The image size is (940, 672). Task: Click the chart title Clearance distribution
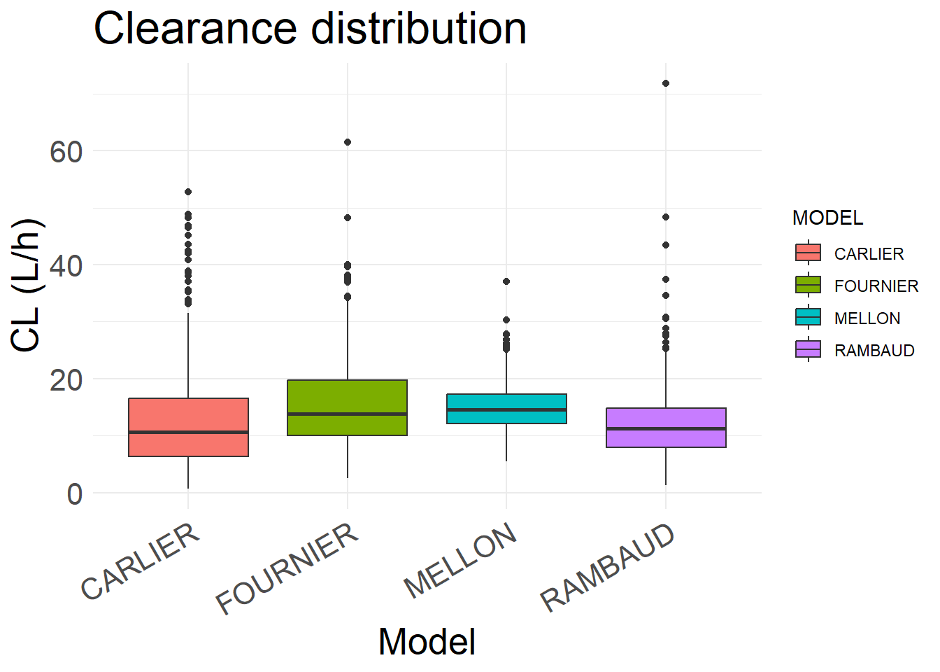click(310, 29)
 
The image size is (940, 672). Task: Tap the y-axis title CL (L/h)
click(28, 286)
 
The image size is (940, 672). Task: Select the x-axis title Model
click(427, 642)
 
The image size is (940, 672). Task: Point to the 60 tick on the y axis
click(66, 151)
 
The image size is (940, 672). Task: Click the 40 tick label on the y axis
click(66, 266)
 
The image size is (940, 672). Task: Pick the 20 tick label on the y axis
click(66, 380)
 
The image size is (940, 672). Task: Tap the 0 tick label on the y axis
click(75, 494)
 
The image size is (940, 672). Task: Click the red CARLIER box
click(188, 427)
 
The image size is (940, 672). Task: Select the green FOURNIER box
click(347, 407)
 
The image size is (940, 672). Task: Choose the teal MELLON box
click(506, 409)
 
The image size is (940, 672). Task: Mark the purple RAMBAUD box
click(666, 427)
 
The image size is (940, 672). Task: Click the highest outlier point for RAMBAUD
click(666, 83)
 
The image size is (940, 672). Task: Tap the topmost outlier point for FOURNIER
click(348, 142)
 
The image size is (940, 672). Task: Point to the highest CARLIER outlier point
click(188, 192)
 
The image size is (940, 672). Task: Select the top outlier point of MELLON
click(506, 281)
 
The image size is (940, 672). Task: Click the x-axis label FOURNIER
click(288, 568)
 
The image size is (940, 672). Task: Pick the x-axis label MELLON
click(462, 560)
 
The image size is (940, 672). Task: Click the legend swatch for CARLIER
click(808, 253)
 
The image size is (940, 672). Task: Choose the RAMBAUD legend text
click(874, 350)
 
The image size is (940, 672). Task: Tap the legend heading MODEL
click(827, 218)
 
